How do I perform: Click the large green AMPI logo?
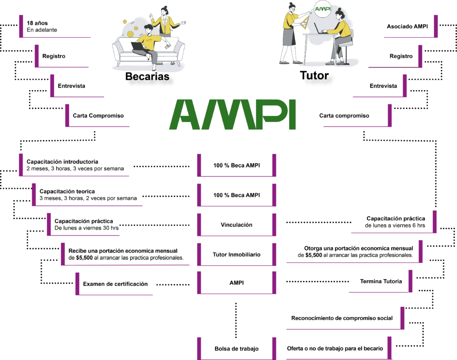(232, 115)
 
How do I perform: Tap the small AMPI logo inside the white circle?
(323, 9)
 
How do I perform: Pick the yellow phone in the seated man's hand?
(167, 46)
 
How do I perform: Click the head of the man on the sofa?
(149, 29)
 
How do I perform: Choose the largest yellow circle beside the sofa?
(130, 34)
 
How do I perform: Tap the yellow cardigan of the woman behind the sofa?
(166, 25)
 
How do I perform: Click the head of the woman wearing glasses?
(292, 7)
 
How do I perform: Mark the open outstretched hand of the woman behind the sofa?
(183, 23)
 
